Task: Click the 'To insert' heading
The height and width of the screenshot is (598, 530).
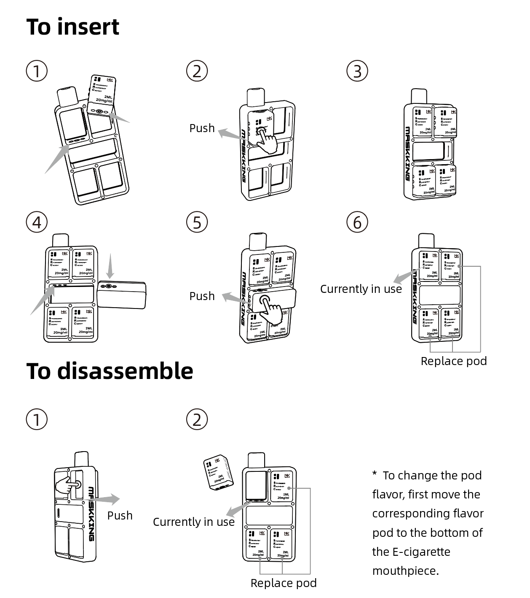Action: coord(72,27)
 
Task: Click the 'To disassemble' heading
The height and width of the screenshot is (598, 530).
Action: coord(110,371)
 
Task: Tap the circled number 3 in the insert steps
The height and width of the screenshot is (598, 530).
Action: coord(357,71)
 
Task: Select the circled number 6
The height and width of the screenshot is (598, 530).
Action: coord(357,222)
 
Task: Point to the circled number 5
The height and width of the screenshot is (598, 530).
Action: coord(197,222)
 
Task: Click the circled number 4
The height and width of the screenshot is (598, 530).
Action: coord(37,222)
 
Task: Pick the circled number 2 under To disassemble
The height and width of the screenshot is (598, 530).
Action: coord(197,419)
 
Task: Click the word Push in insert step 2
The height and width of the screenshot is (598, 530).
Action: coord(202,128)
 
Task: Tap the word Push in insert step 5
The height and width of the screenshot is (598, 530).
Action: coord(202,296)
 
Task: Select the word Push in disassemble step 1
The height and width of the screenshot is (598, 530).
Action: coord(120,516)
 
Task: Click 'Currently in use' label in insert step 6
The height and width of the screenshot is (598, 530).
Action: coord(361,289)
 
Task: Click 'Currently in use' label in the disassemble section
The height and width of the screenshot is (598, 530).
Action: coord(193,522)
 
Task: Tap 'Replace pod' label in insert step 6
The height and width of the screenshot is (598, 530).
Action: coord(453,361)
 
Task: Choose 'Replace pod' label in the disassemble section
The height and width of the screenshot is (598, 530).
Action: coord(283,583)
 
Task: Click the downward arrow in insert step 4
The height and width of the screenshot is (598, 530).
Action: coord(110,266)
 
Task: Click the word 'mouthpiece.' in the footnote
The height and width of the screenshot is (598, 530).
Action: coord(405,571)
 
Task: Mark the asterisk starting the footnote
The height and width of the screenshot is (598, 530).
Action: coord(375,474)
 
